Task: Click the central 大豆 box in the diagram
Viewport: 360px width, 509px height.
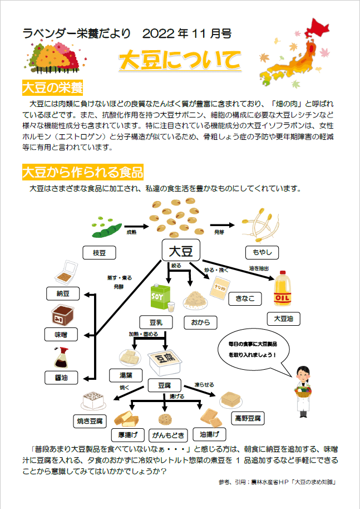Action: (x=180, y=251)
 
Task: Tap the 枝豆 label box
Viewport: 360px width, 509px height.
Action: (x=100, y=253)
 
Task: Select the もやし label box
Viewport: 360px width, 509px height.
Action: (x=262, y=252)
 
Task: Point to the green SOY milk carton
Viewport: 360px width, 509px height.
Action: (x=159, y=297)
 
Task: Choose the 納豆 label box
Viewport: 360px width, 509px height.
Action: (x=62, y=293)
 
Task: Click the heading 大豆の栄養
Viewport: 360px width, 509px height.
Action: (x=52, y=88)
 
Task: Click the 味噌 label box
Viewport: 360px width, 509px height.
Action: (x=62, y=335)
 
